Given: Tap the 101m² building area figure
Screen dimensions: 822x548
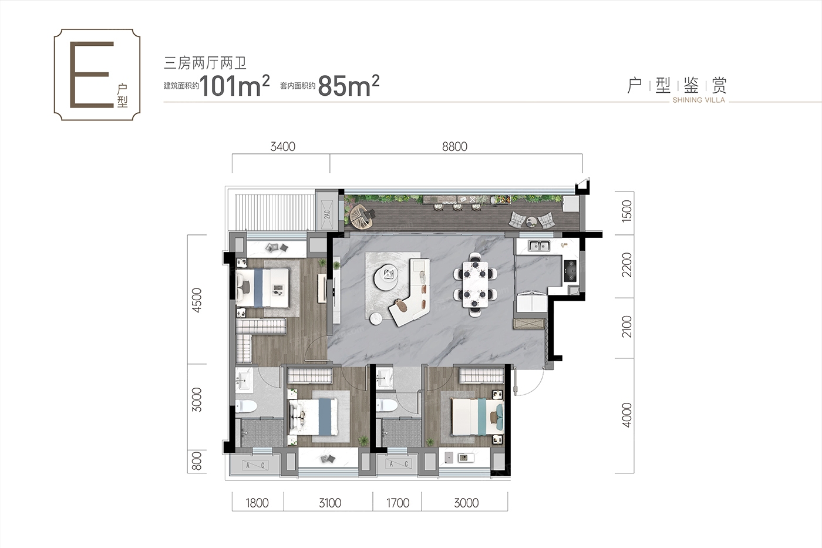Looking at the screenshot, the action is coord(235,86).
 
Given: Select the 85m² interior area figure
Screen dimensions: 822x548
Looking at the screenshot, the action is coord(349,86).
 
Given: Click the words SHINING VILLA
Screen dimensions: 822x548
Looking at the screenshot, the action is coord(699,100).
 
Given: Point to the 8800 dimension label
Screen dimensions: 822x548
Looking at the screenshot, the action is coord(454,147).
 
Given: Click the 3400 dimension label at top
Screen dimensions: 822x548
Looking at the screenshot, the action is coord(282,147).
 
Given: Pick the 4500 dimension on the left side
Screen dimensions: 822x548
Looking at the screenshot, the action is coord(197,300).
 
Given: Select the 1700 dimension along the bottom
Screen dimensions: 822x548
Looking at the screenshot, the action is coord(398,503).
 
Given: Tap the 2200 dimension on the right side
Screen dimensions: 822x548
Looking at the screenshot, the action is coord(627,265).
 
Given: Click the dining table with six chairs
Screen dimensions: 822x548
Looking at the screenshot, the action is coord(475,284).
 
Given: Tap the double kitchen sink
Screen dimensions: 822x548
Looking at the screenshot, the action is coord(539,246).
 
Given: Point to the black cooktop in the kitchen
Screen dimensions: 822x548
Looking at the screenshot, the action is coord(571,271).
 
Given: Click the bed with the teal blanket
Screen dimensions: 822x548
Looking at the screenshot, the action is coord(477,417).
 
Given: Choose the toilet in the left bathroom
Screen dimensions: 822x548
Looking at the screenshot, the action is coord(246,406).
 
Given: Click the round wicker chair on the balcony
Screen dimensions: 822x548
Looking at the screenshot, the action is coord(362,217).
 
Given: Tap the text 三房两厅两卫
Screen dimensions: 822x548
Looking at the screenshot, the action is coord(205,63).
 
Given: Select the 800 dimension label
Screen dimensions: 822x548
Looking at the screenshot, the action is coord(197,461).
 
